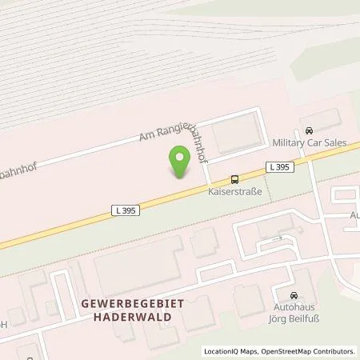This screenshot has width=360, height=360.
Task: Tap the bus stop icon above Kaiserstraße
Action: [234, 180]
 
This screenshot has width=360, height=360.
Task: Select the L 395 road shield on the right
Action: [278, 166]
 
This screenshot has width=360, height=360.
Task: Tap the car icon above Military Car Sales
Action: [309, 130]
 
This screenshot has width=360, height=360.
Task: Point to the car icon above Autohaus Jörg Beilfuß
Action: [294, 294]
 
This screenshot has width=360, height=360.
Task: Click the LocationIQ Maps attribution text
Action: [228, 351]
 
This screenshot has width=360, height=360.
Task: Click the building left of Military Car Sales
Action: [236, 133]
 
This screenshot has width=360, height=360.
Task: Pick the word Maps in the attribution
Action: [242, 351]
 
